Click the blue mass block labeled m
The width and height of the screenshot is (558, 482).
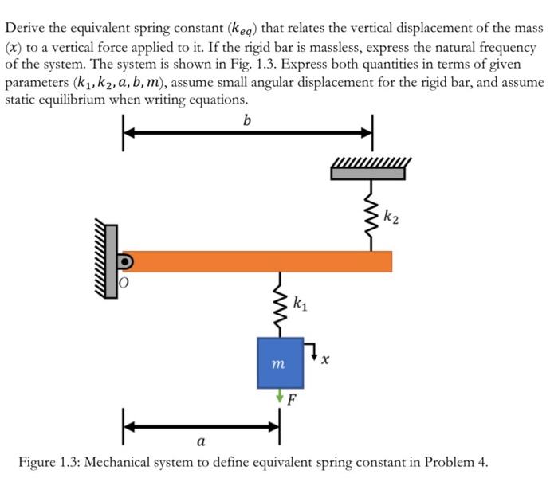(x=280, y=362)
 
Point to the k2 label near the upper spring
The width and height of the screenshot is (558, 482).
(x=391, y=214)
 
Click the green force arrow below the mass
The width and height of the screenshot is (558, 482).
(x=280, y=394)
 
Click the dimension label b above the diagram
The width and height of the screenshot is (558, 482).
(x=246, y=122)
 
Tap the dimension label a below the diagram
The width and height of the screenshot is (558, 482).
(x=200, y=441)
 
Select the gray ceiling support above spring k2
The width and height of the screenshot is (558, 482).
(x=371, y=171)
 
